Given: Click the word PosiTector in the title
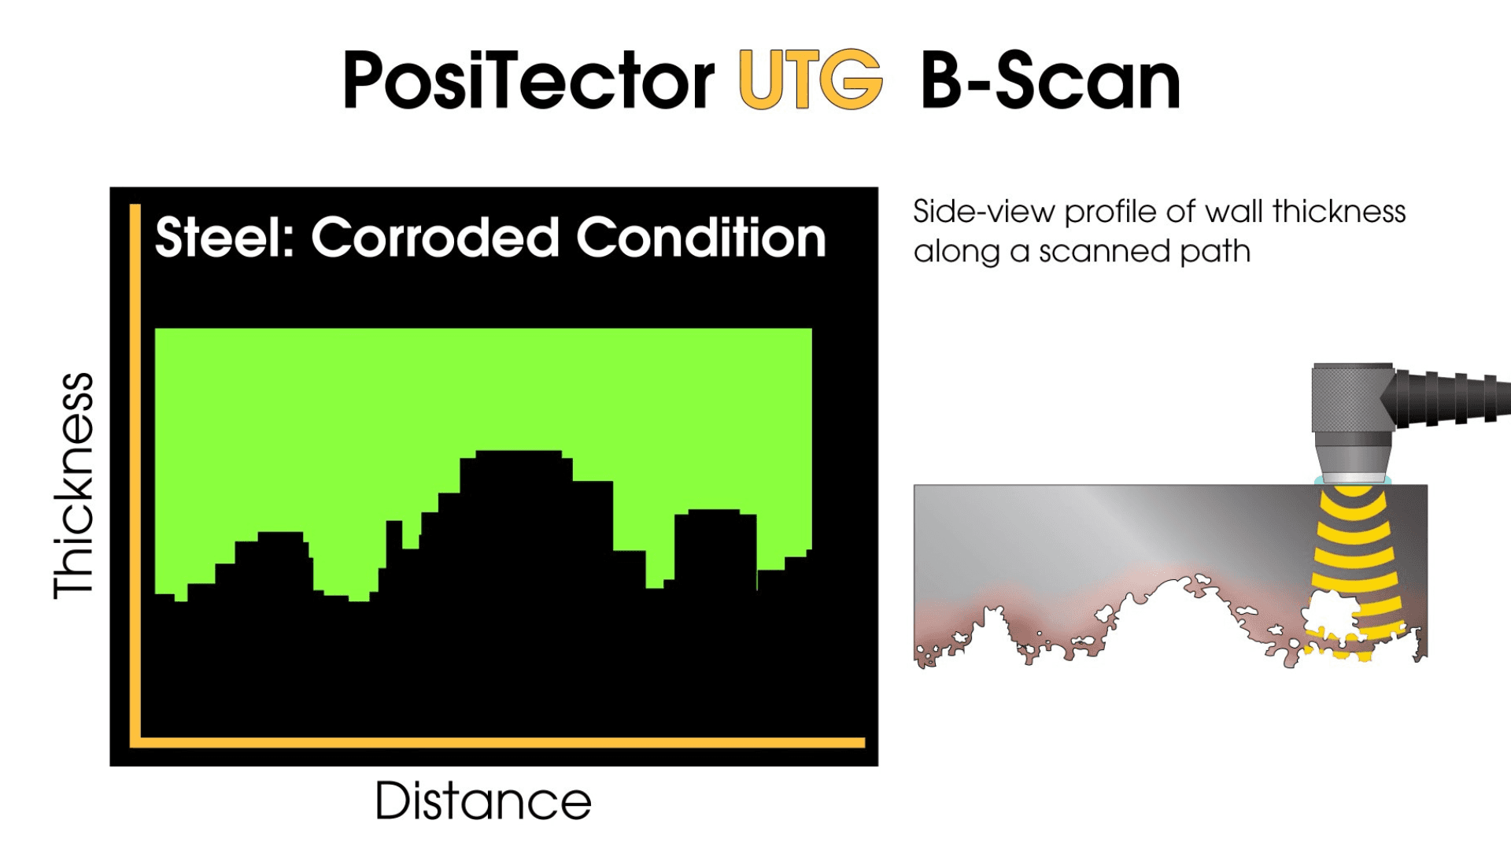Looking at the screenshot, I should (527, 80).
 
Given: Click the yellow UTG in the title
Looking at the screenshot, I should (811, 80).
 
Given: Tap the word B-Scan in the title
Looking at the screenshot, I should (1051, 80).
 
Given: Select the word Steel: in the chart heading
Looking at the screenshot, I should (224, 238).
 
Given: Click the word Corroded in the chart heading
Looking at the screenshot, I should (435, 238).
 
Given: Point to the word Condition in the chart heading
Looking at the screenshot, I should (700, 238).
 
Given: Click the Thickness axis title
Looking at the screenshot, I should (73, 485).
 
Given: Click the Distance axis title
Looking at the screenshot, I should (482, 801).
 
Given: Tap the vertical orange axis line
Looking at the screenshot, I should (135, 472).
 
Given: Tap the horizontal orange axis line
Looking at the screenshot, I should (504, 742).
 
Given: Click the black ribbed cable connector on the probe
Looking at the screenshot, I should (1448, 398).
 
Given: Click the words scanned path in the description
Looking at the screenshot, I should (1144, 252).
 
